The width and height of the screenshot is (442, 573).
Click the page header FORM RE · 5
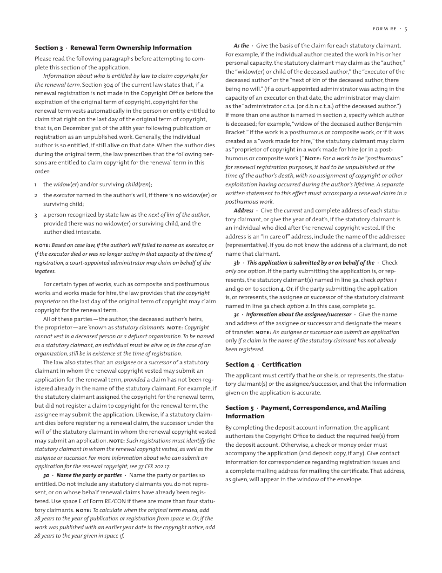click(390, 29)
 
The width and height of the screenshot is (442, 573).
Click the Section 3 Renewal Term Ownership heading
click(113, 48)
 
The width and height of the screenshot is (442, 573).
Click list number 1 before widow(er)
click(36, 184)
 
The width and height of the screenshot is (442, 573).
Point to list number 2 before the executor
click(36, 195)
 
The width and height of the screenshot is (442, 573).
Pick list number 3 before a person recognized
click(36, 215)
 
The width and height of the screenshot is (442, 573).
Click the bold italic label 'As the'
click(241, 46)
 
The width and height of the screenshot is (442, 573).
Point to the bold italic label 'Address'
click(243, 211)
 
